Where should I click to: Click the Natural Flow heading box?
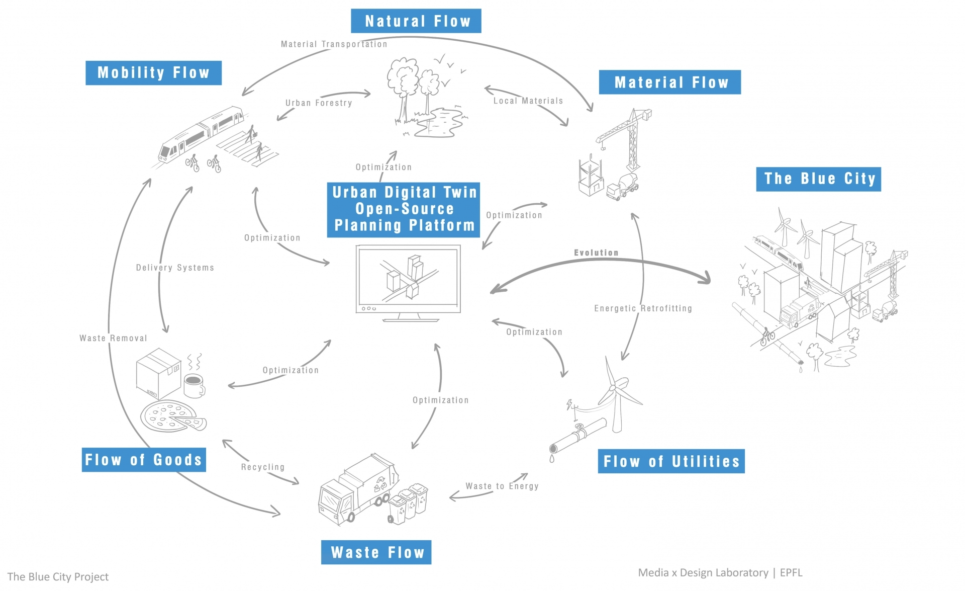(416, 21)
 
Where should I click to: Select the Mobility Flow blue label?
(153, 73)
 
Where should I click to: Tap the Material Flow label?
(669, 82)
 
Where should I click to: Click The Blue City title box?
(818, 179)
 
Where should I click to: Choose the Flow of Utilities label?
(671, 461)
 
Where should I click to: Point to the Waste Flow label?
(376, 552)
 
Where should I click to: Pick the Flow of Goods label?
(144, 460)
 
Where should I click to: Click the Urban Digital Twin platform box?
(404, 209)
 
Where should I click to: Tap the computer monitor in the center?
(408, 279)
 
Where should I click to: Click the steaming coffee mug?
(194, 385)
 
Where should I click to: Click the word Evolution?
(596, 252)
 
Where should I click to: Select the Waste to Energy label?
(502, 486)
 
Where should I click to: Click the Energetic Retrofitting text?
(643, 308)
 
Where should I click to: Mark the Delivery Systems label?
(175, 268)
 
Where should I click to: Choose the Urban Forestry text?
(319, 103)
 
